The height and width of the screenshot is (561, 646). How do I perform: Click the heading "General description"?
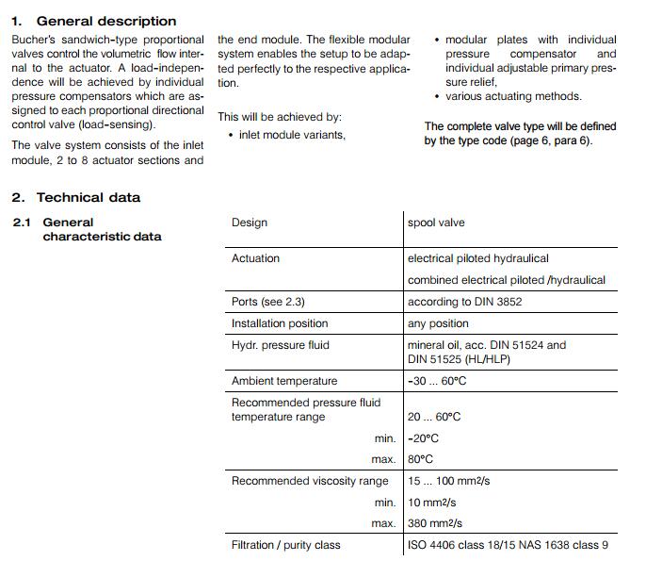(x=105, y=21)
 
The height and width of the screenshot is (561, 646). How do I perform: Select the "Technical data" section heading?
(x=88, y=197)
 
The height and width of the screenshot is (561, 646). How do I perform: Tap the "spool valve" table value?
(x=436, y=223)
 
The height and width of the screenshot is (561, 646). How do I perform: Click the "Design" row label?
(x=250, y=223)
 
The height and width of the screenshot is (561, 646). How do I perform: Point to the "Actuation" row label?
(x=255, y=258)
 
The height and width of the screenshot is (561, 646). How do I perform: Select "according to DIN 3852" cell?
(x=464, y=302)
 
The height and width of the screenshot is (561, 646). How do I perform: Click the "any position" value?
(x=438, y=323)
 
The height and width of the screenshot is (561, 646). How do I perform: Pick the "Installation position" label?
(x=280, y=323)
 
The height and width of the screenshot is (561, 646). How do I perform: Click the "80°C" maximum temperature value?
(x=420, y=459)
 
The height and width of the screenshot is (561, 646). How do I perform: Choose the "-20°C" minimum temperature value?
(x=423, y=438)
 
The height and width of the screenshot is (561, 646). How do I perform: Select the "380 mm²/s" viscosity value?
(x=435, y=523)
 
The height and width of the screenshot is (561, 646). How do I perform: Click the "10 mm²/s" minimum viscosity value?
(x=432, y=503)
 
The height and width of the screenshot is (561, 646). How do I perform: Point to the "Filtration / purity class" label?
(x=286, y=545)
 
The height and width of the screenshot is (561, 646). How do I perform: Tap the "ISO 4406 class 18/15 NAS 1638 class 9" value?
(x=508, y=545)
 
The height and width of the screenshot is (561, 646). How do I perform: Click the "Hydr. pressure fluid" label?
(x=281, y=345)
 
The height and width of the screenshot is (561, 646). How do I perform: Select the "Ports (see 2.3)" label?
(x=268, y=302)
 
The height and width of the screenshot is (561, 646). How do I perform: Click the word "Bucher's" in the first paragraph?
(x=35, y=40)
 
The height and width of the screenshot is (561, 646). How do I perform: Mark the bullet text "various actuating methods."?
(x=513, y=96)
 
